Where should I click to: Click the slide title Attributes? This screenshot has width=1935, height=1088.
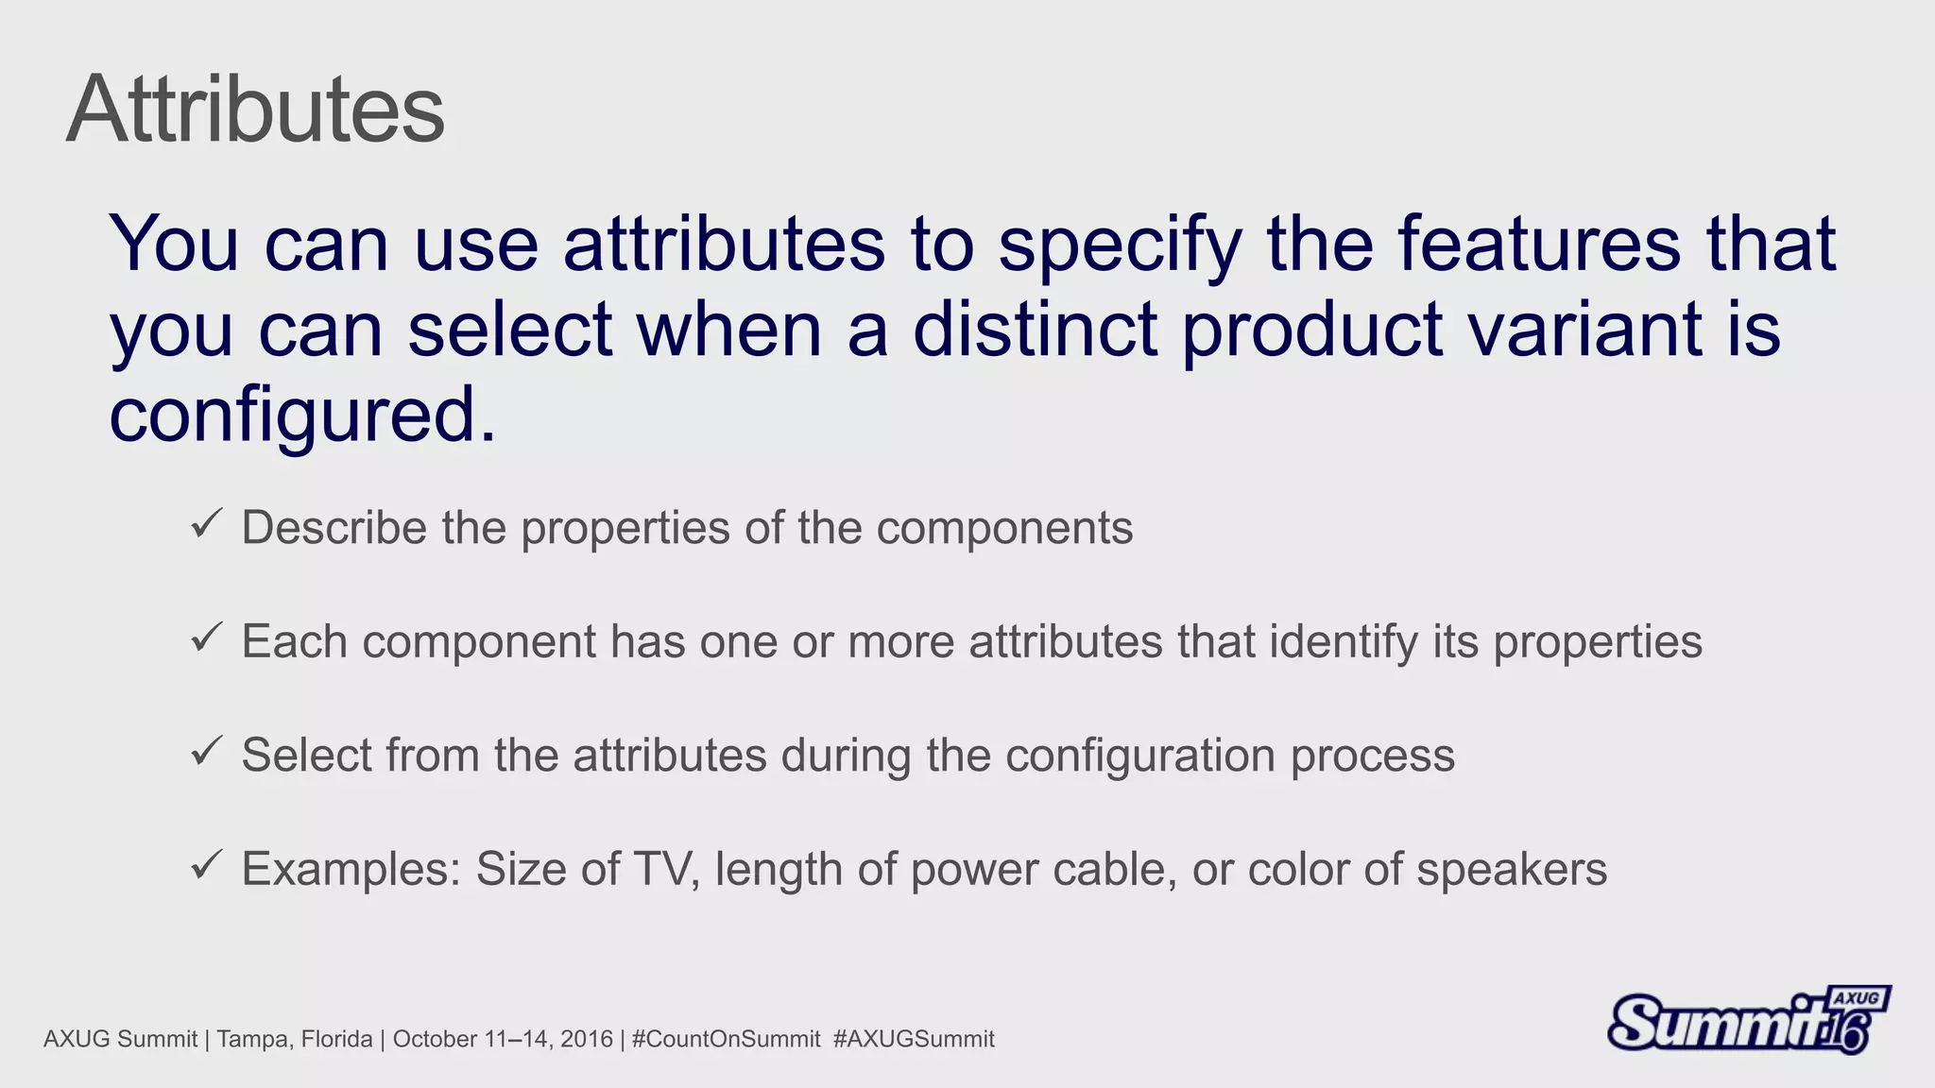(255, 110)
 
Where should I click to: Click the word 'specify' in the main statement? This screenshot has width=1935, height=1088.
(1119, 246)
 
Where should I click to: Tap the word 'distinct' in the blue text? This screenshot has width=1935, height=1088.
(1035, 330)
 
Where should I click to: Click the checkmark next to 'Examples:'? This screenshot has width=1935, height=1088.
(206, 864)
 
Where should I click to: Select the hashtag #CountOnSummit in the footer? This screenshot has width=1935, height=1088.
(726, 1039)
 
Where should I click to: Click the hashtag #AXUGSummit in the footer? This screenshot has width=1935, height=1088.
(914, 1039)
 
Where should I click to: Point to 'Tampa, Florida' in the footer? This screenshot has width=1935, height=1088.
(295, 1039)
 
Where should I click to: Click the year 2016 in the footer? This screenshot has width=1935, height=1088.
(587, 1039)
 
